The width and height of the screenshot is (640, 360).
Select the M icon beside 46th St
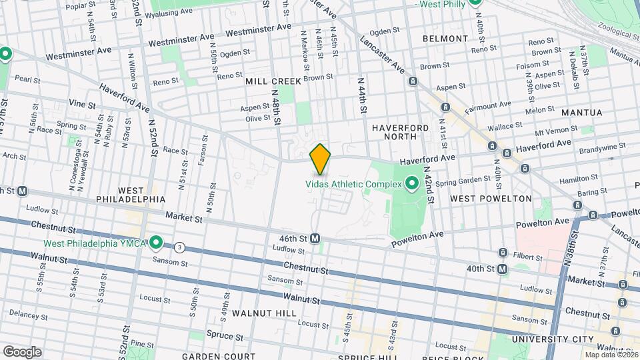tap(315, 238)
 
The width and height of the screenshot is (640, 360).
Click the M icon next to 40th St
tap(502, 269)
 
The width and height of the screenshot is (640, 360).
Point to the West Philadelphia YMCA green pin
tap(157, 241)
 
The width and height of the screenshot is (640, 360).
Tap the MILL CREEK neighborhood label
tap(273, 81)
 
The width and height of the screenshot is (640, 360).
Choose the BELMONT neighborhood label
tap(445, 39)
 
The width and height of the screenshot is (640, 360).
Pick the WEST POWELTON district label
tap(491, 199)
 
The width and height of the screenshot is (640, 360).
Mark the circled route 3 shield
tap(179, 247)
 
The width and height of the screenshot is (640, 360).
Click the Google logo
tap(22, 351)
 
